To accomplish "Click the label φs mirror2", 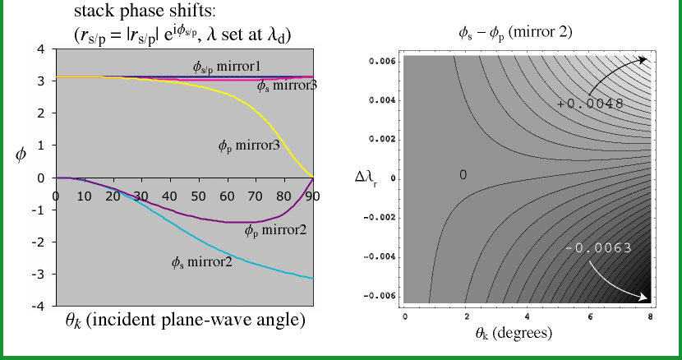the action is point(202,262).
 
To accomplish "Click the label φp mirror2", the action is point(276,230).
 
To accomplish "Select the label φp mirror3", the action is point(249,145).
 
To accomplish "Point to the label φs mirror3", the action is point(287,85).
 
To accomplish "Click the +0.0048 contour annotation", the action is point(590,104).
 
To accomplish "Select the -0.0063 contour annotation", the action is point(598,248).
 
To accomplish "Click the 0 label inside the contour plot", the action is point(463,175).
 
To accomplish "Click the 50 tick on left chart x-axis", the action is point(198,196).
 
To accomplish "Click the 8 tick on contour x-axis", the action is point(650,316).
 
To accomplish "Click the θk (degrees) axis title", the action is point(514,334).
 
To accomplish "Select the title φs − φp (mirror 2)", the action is point(515,34).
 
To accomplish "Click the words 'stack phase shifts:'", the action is point(145,12).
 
